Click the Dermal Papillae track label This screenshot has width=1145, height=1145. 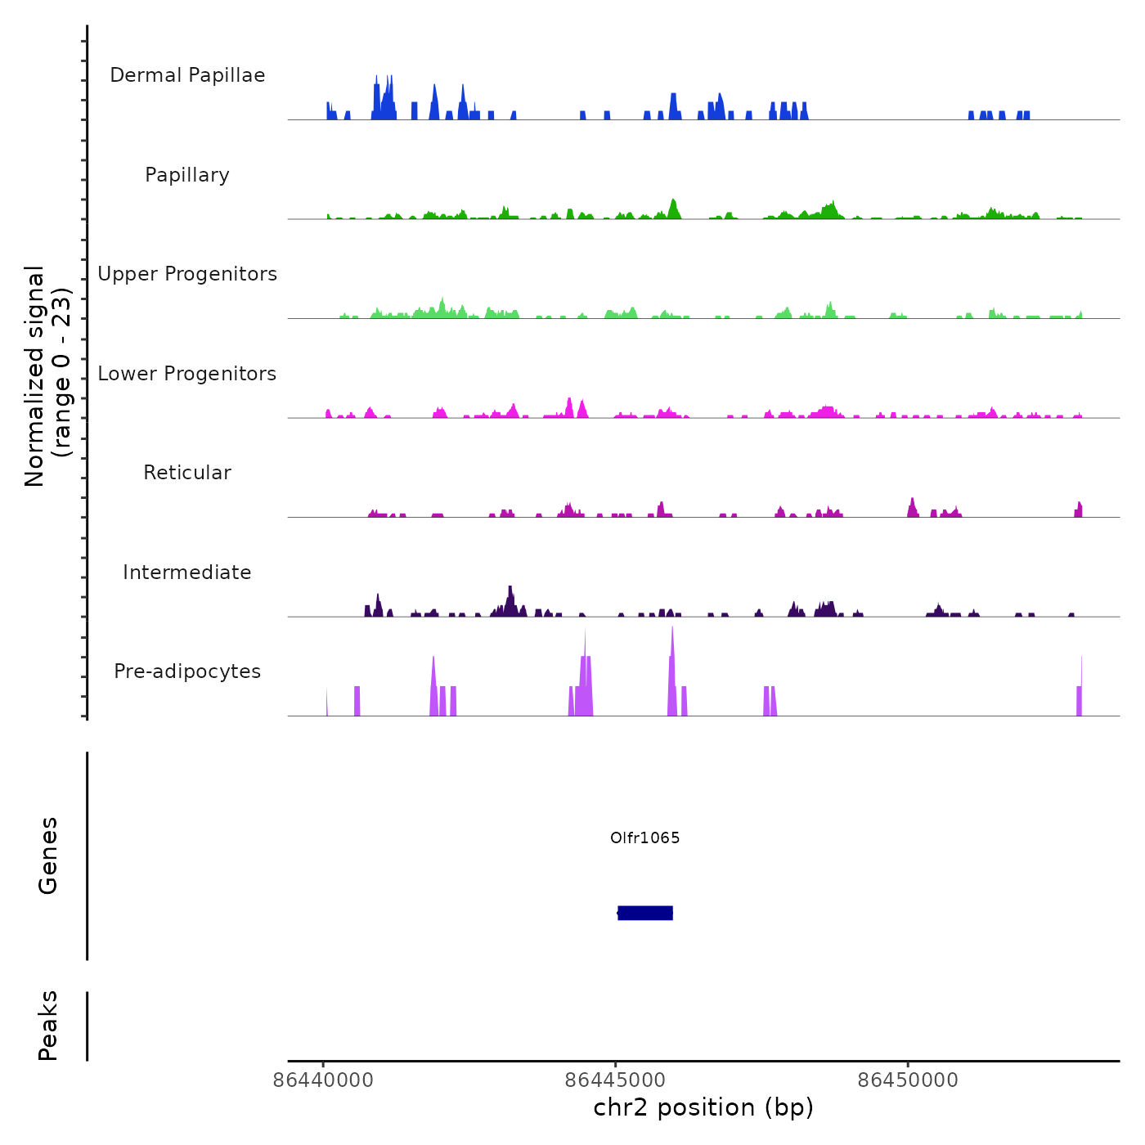pos(187,75)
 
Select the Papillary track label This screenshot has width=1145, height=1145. pos(187,175)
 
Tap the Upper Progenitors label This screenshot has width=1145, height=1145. pos(187,274)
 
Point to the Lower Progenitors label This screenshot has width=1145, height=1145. pos(187,374)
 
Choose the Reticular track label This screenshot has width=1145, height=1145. pos(187,473)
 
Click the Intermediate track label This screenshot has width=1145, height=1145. pos(187,572)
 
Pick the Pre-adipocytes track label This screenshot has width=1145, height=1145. pos(187,671)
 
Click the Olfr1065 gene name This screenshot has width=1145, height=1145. pos(645,837)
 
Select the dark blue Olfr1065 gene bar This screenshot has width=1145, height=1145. pos(645,913)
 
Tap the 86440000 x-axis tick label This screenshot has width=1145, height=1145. pos(323,1080)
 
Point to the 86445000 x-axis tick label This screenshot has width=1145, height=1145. pos(615,1080)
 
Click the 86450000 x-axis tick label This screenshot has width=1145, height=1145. pos(908,1080)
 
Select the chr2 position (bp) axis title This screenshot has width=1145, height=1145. pos(703,1107)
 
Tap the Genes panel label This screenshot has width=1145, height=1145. pos(48,855)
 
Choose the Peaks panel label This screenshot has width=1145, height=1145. pos(48,1026)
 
